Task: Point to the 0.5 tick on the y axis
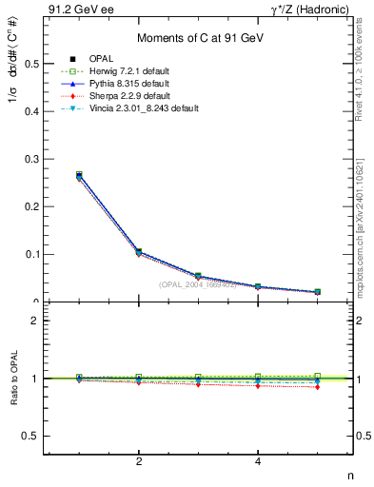30,64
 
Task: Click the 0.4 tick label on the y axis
30,111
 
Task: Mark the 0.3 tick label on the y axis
30,159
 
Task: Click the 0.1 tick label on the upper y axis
30,254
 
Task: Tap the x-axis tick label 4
258,461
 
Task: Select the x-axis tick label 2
139,461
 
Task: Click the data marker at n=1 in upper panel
79,175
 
